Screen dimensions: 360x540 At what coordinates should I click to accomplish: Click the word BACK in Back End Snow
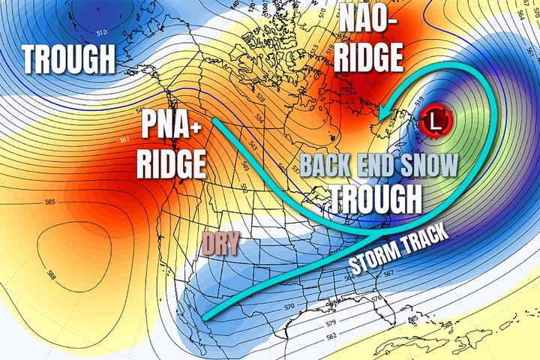point(328,165)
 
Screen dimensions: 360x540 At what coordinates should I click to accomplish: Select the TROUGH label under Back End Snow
point(374,196)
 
